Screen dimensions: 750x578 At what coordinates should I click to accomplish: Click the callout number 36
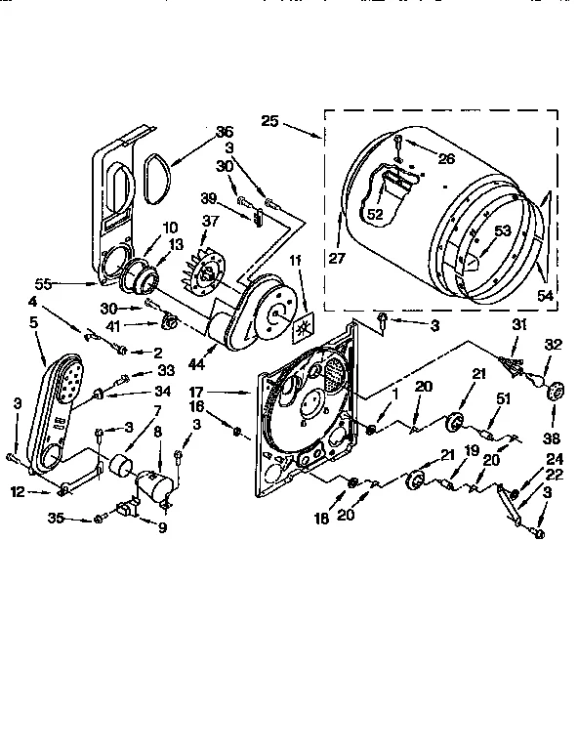coord(225,132)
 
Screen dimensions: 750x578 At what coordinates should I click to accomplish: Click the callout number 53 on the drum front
coord(502,230)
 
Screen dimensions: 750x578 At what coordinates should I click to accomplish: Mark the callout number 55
coord(68,283)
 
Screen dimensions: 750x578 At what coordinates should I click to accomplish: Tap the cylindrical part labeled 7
coord(121,467)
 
